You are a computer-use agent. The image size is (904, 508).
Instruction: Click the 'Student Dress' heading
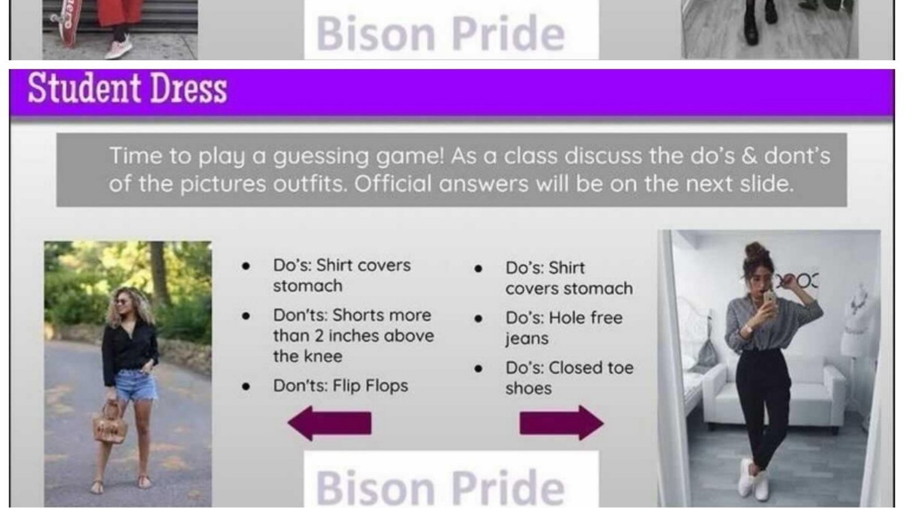point(127,89)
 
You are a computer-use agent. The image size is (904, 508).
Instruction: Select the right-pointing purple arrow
point(561,423)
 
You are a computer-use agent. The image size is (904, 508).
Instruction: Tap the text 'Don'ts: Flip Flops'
point(340,386)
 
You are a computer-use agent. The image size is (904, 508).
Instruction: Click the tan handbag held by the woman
point(110,423)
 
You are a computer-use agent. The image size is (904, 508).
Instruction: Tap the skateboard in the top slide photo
point(65,25)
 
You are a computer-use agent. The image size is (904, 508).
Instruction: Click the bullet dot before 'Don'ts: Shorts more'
point(246,316)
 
